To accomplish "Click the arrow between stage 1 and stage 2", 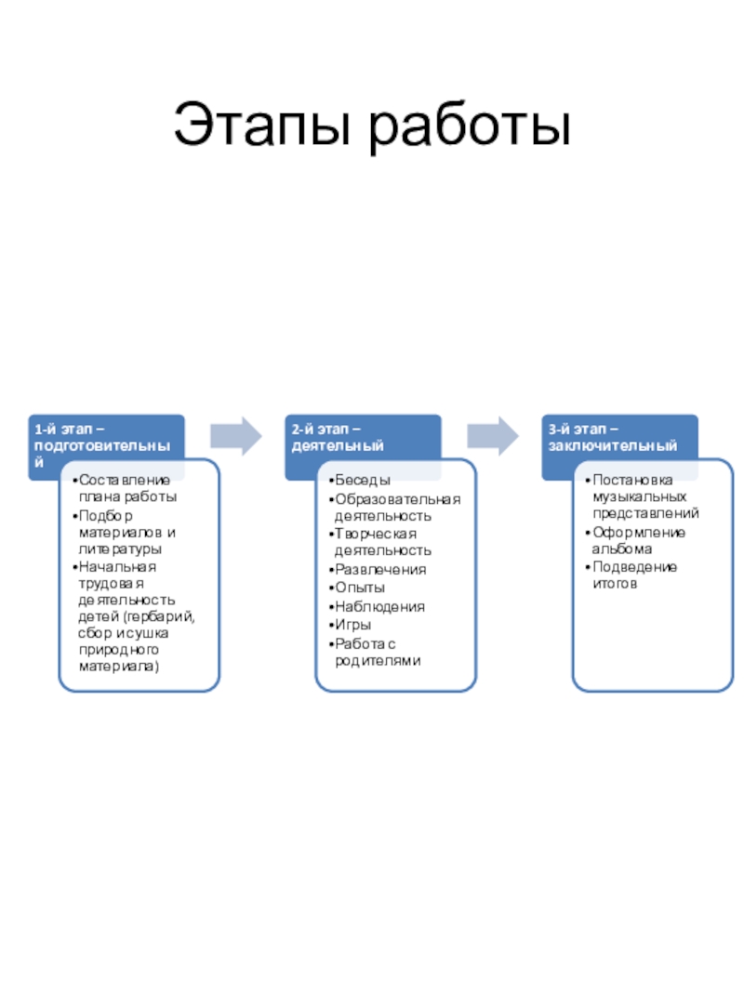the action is pyautogui.click(x=235, y=436).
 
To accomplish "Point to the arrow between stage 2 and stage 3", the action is pyautogui.click(x=492, y=436).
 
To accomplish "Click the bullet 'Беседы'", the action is pyautogui.click(x=363, y=480).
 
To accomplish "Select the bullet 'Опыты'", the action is pyautogui.click(x=360, y=588).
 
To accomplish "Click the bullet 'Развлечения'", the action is pyautogui.click(x=380, y=569).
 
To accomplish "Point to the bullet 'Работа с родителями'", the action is pyautogui.click(x=377, y=652).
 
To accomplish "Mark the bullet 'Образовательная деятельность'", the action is pyautogui.click(x=395, y=507).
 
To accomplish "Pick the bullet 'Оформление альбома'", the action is pyautogui.click(x=639, y=541).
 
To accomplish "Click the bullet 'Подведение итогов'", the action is pyautogui.click(x=634, y=575).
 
